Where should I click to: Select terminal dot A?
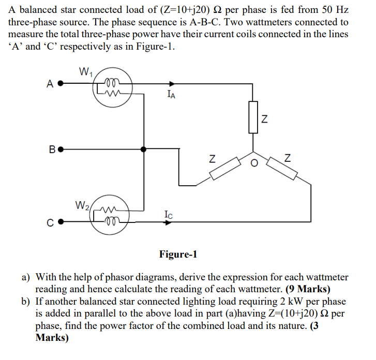[61, 84]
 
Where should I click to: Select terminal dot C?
[61, 223]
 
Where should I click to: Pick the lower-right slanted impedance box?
[282, 168]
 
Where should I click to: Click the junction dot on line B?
[143, 149]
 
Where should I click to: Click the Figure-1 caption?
[178, 254]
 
